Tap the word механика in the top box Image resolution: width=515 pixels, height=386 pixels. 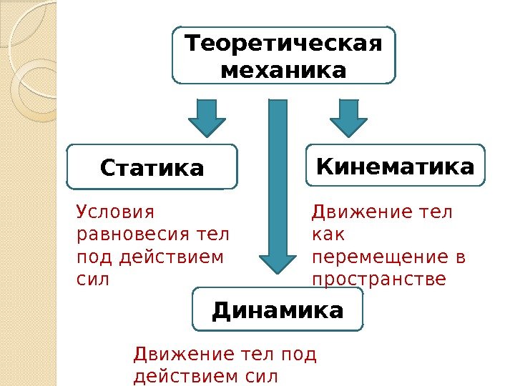[x=283, y=71]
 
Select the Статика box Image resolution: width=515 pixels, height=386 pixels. [x=152, y=168]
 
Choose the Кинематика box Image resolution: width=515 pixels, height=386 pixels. [x=395, y=167]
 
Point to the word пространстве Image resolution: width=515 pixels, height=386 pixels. [x=379, y=278]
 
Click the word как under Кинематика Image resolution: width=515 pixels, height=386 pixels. [x=328, y=234]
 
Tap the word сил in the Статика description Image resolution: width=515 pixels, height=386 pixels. [x=92, y=278]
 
